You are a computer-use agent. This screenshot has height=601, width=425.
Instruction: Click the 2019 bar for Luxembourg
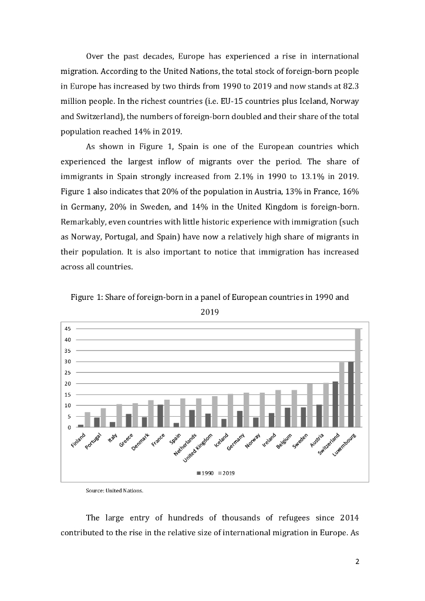click(357, 378)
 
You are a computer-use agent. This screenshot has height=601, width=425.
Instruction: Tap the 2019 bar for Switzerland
click(342, 394)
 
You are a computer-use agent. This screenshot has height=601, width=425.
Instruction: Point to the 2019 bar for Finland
click(87, 420)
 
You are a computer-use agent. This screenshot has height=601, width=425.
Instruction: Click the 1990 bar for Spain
click(176, 425)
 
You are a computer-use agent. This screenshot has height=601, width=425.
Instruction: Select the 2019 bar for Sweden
click(310, 405)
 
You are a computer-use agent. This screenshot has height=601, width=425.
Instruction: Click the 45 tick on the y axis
click(68, 329)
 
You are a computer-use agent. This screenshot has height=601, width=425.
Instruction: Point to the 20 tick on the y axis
click(68, 384)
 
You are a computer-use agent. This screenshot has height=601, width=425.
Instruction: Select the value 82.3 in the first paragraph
click(349, 85)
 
